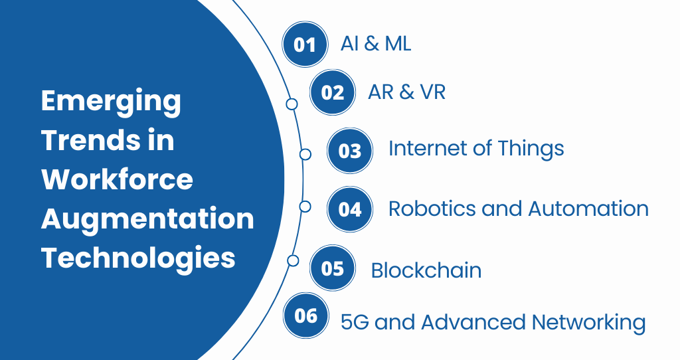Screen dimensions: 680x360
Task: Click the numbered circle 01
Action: click(x=305, y=45)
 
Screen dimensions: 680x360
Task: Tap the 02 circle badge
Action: click(x=333, y=92)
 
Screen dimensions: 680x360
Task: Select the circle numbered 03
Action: click(x=350, y=151)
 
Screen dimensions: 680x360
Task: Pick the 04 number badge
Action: click(x=350, y=209)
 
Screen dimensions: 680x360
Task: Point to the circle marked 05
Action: click(x=333, y=268)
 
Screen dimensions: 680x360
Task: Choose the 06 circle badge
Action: click(x=305, y=315)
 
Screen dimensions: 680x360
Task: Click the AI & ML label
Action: click(x=376, y=44)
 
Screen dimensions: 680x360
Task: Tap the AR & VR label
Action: click(x=407, y=92)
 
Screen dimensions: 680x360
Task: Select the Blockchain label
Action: click(x=426, y=270)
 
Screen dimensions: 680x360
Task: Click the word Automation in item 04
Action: click(x=588, y=209)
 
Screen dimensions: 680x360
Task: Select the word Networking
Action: click(x=589, y=323)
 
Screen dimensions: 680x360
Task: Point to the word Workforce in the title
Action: click(x=117, y=179)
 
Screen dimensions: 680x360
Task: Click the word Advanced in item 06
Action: click(x=473, y=322)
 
